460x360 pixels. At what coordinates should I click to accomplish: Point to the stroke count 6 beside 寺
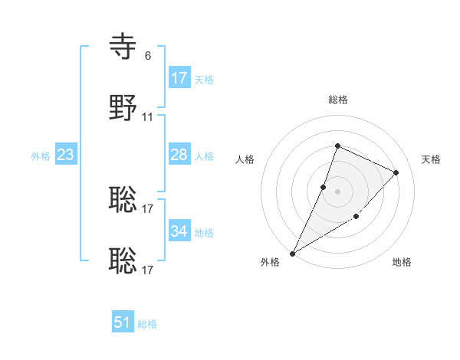point(148,56)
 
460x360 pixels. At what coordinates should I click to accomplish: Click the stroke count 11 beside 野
point(148,117)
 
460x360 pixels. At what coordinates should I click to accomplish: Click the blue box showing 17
point(179,78)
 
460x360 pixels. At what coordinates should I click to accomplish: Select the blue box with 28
point(179,155)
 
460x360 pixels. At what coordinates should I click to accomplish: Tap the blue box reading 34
point(179,231)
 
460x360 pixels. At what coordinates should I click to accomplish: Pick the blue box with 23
point(66,155)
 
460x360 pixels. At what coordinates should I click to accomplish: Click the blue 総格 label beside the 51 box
point(147,324)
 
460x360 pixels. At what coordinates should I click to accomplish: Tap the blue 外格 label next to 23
point(41,156)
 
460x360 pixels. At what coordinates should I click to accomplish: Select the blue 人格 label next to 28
point(204,156)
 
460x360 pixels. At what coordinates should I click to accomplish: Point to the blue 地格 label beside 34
point(204,233)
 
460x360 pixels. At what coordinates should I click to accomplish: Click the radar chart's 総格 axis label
point(337,100)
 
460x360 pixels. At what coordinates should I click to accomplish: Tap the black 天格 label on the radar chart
point(431,159)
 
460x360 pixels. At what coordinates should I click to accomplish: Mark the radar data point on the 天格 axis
point(396,172)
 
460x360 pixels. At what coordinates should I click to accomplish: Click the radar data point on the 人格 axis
point(324,187)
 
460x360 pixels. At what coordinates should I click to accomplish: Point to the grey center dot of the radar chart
point(337,191)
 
